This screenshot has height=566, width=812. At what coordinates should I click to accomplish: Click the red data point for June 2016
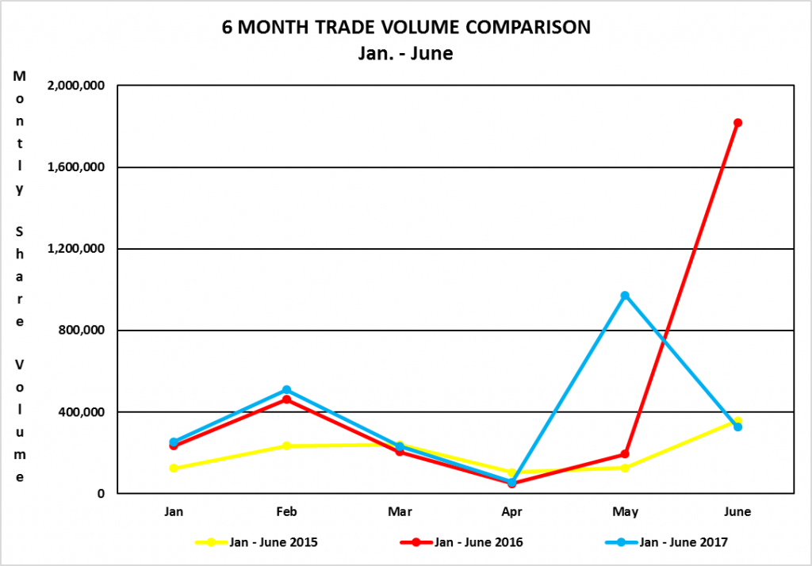click(737, 123)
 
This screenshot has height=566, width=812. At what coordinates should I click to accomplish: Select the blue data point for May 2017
click(625, 296)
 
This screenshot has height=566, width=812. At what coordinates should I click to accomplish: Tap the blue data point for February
click(286, 390)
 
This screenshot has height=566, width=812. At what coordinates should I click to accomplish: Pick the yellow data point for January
click(174, 468)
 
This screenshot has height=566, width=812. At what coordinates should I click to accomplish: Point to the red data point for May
click(625, 454)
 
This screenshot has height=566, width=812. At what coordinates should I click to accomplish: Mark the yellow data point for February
click(286, 446)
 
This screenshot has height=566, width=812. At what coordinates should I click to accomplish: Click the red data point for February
click(286, 400)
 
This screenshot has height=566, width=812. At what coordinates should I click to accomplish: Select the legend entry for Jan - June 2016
click(479, 542)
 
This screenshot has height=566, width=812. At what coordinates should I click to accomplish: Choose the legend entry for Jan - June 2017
click(683, 542)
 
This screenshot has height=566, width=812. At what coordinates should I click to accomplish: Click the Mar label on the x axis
click(399, 512)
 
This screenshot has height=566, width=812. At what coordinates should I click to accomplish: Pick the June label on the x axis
click(737, 512)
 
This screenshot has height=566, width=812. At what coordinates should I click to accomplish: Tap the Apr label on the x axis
click(512, 512)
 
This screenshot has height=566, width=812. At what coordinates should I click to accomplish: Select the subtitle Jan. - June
click(406, 54)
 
